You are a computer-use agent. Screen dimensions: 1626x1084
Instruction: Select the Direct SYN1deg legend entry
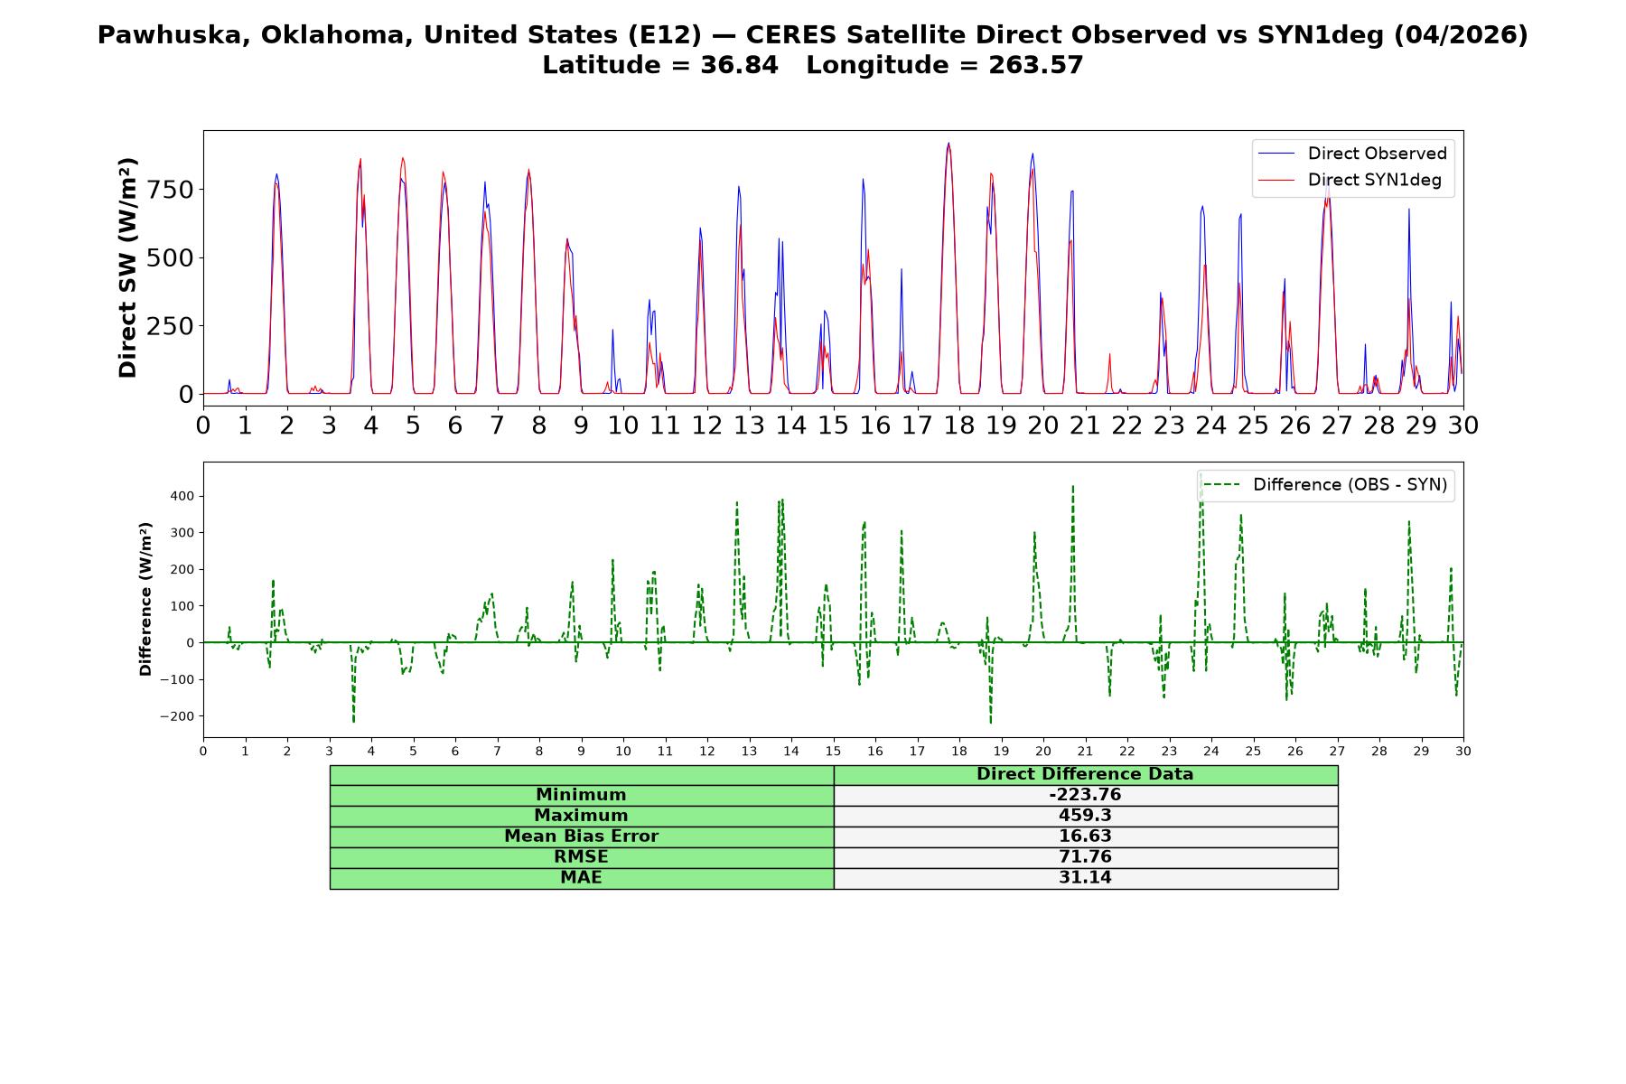pyautogui.click(x=1350, y=180)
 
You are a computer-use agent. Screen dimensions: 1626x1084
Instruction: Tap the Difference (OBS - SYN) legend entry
pyautogui.click(x=1325, y=485)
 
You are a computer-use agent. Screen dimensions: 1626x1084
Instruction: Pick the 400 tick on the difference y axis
pyautogui.click(x=182, y=496)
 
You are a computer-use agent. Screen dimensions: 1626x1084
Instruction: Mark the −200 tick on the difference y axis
pyautogui.click(x=178, y=716)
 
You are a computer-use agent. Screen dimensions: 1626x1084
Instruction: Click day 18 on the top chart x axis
pyautogui.click(x=959, y=425)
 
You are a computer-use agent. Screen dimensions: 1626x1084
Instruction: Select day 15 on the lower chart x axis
pyautogui.click(x=833, y=752)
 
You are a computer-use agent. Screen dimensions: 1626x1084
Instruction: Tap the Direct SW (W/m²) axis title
pyautogui.click(x=127, y=267)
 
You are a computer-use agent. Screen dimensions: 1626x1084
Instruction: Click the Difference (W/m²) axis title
pyautogui.click(x=145, y=599)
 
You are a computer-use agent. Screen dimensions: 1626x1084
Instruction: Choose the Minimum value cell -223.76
pyautogui.click(x=1085, y=795)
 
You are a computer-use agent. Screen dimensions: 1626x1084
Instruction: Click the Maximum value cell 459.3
pyautogui.click(x=1085, y=816)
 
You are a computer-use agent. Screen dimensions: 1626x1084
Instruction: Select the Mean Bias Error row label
pyautogui.click(x=581, y=836)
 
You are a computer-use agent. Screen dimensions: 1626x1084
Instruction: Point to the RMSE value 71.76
pyautogui.click(x=1085, y=857)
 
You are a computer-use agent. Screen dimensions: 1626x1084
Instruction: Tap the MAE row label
pyautogui.click(x=581, y=878)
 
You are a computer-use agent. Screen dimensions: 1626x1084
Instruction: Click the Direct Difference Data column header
pyautogui.click(x=1085, y=774)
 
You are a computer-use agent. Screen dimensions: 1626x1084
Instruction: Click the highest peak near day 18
pyautogui.click(x=948, y=143)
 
